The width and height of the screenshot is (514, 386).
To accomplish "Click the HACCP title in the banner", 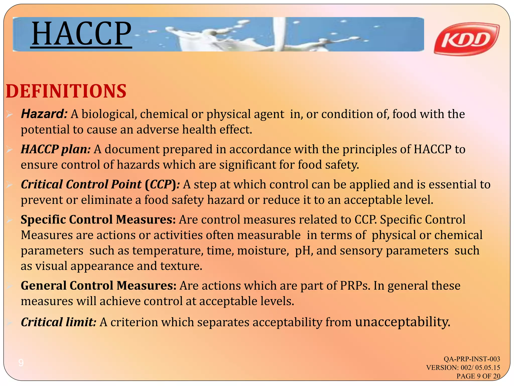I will (81, 34).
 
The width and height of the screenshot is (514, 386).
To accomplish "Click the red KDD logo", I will (466, 39).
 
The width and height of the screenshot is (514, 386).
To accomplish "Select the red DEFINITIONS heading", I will (66, 91).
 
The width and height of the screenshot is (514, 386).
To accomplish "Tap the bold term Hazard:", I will (44, 114).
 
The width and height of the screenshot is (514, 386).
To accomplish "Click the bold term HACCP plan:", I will (55, 149).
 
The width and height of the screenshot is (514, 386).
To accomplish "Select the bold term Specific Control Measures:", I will (98, 219).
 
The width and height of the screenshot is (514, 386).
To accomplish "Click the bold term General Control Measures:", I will (98, 285).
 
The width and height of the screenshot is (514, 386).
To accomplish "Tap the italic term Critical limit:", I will (58, 322).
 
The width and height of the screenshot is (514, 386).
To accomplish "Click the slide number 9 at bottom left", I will (21, 363).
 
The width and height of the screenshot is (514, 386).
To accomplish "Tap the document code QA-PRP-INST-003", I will (472, 359).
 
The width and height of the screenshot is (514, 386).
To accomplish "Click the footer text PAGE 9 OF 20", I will (478, 376).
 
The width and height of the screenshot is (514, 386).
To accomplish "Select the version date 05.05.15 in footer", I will (488, 367).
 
